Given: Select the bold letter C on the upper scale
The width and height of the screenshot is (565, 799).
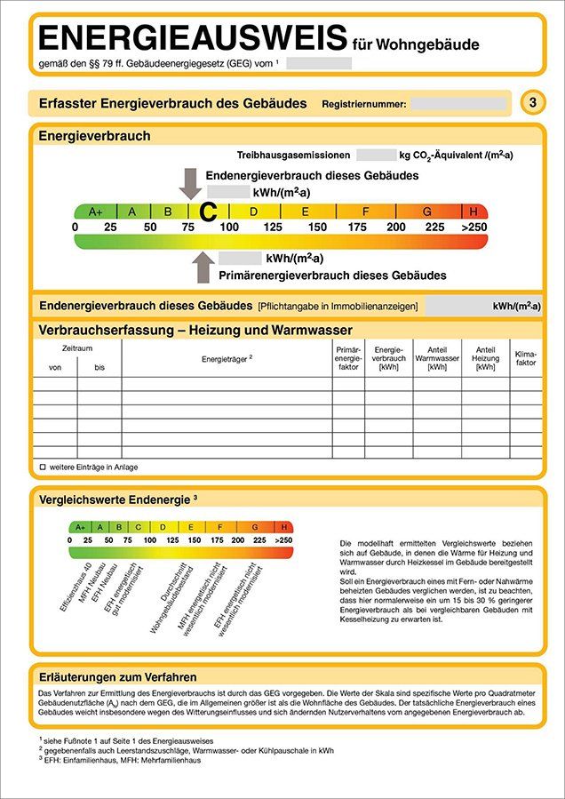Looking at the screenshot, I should point(208,212).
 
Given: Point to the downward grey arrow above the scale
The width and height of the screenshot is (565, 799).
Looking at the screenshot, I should point(190,183).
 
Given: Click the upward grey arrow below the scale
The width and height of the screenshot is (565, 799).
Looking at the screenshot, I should point(203,266).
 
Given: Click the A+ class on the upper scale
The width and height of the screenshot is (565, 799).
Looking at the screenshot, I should point(95,212).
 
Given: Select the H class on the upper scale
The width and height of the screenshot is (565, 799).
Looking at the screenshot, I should point(474,212).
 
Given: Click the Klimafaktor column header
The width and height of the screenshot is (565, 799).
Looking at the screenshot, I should point(525,358).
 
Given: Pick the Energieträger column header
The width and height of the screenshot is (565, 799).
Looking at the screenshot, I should point(227,358).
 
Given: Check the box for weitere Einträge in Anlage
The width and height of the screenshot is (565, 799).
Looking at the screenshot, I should point(42,467).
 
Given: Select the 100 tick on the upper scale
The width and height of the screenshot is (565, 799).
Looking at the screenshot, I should point(229,228).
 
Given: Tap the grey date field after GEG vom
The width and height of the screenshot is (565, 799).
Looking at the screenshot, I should point(319,63).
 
